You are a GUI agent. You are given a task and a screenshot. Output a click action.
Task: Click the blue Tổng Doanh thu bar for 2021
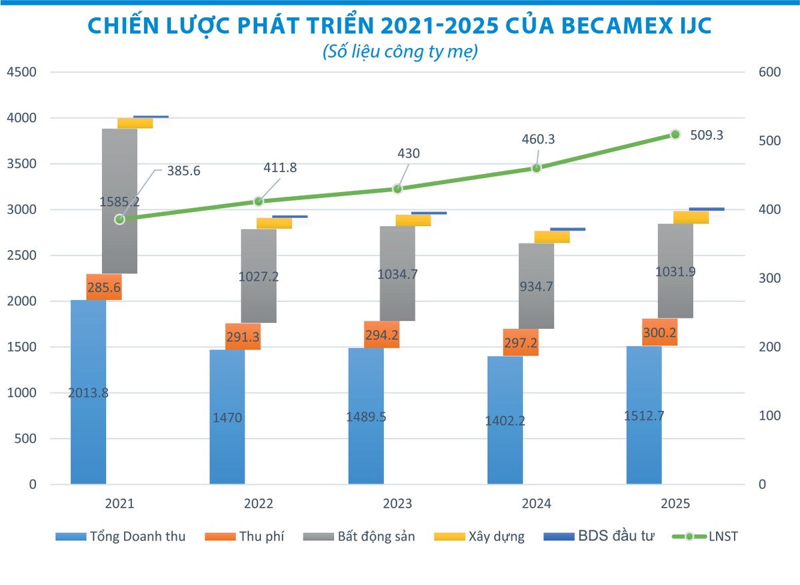[x=88, y=414]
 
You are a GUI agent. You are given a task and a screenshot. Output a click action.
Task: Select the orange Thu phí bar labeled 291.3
[x=243, y=336]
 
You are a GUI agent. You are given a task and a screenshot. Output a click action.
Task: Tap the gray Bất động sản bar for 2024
[x=536, y=285]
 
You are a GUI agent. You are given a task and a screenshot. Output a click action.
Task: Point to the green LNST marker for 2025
[x=675, y=135]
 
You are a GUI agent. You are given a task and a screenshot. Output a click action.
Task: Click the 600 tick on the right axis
[x=769, y=72]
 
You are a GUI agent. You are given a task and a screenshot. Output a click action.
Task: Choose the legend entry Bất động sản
[x=358, y=536]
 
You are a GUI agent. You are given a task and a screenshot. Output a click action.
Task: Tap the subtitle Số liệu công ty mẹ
[x=399, y=52]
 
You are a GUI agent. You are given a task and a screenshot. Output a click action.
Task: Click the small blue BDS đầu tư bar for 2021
[x=151, y=117]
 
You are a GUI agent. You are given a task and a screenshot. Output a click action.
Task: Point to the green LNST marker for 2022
[x=259, y=201]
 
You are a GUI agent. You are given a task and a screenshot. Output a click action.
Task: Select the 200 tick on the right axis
[x=769, y=347]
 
